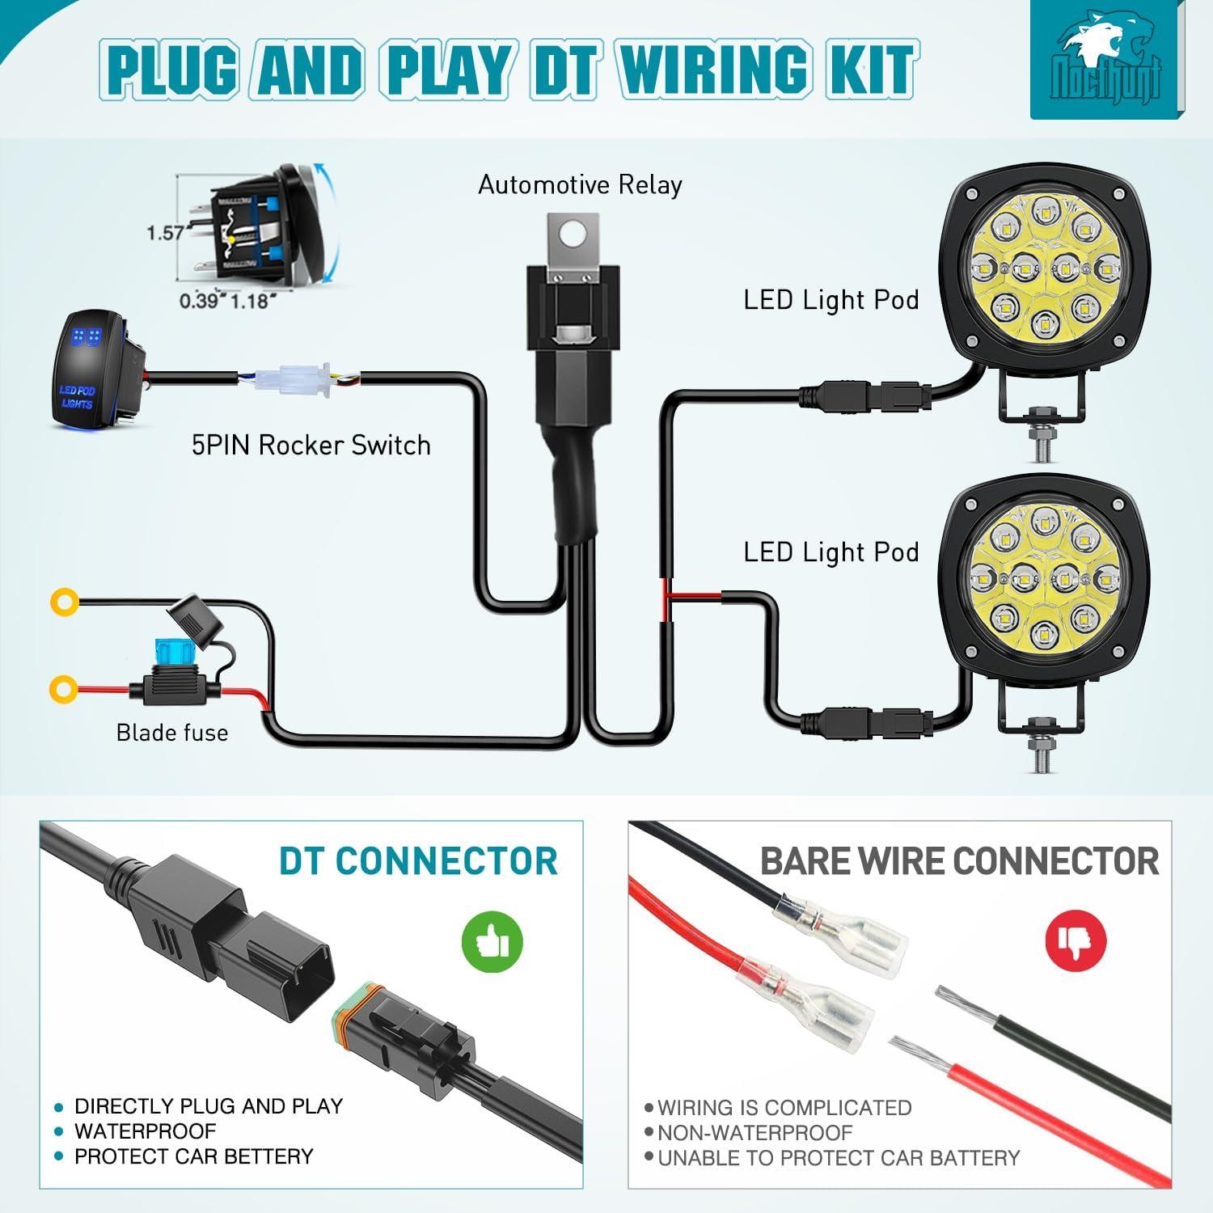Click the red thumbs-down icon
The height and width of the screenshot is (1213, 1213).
(x=1075, y=939)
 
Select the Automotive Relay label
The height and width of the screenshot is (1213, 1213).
(x=580, y=185)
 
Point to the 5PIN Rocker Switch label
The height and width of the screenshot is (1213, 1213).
(x=311, y=446)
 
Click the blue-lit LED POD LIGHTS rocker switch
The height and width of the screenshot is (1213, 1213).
(x=91, y=369)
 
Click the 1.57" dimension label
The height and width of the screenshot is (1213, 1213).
(x=166, y=233)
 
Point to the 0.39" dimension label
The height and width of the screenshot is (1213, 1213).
(x=199, y=302)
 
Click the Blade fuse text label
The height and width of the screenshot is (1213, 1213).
(x=172, y=733)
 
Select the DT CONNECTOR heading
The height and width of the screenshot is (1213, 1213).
(x=418, y=861)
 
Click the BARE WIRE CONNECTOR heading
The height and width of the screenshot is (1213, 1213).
(x=959, y=862)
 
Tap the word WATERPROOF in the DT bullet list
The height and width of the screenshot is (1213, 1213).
(x=146, y=1131)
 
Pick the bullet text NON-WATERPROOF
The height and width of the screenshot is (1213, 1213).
(x=754, y=1133)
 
